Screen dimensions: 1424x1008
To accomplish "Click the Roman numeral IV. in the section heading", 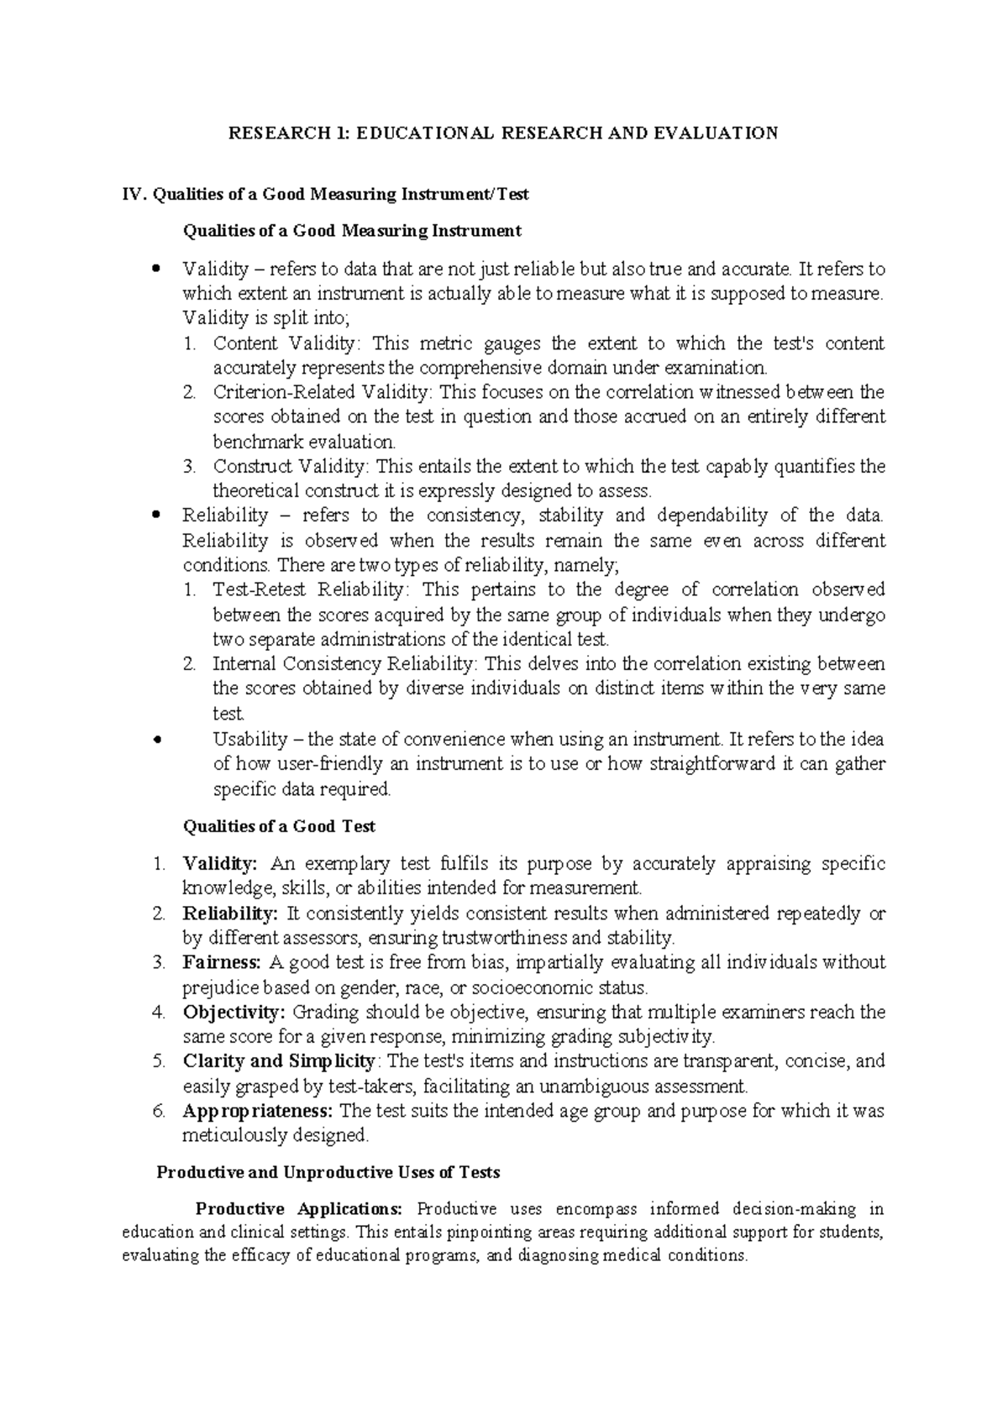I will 134,194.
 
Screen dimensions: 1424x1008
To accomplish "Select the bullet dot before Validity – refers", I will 155,270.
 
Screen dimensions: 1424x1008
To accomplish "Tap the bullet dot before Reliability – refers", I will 155,516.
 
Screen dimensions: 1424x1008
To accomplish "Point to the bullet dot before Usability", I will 155,740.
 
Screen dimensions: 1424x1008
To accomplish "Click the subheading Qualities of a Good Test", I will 279,826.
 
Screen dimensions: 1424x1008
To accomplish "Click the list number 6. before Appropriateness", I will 159,1111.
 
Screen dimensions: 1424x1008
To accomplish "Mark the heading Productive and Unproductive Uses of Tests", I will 328,1173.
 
